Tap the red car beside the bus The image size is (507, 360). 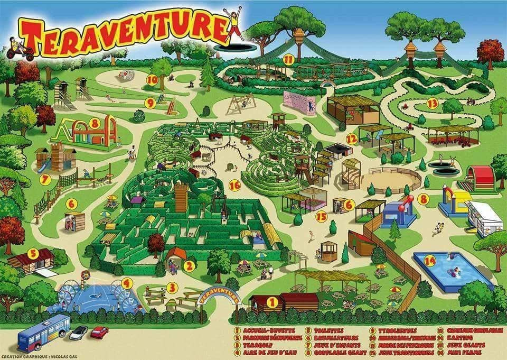pyautogui.click(x=99, y=332)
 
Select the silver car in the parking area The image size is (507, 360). pyautogui.click(x=78, y=333)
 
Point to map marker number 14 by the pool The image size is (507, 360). pyautogui.click(x=430, y=260)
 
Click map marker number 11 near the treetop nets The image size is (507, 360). pyautogui.click(x=288, y=60)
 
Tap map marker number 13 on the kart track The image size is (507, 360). pyautogui.click(x=433, y=103)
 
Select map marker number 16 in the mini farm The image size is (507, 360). pyautogui.click(x=235, y=185)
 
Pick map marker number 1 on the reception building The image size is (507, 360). pyautogui.click(x=273, y=302)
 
